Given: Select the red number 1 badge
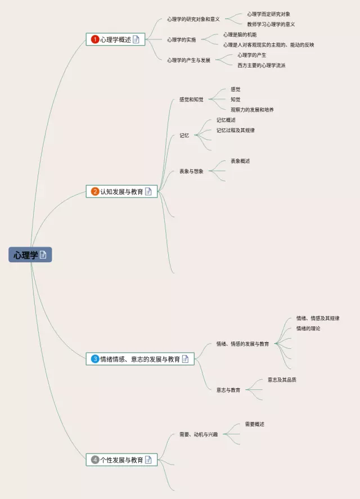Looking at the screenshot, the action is tap(95, 39).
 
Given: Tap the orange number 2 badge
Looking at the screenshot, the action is tap(95, 191).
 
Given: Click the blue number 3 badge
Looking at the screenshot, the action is tap(95, 359).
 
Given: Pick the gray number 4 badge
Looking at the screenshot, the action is tap(95, 460).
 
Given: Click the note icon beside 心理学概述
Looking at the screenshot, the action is tap(136, 39).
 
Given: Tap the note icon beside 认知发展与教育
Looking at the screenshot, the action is tap(148, 191).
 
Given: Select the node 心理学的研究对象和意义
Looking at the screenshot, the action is tap(193, 19).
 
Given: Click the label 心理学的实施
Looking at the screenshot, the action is tap(181, 39).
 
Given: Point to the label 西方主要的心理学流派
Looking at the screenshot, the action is tap(261, 65).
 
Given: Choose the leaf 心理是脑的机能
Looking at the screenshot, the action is tap(240, 34).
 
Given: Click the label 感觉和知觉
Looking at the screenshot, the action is tap(191, 100).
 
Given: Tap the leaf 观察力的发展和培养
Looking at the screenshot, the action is tap(252, 110).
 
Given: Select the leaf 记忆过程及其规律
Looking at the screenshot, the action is tap(235, 130).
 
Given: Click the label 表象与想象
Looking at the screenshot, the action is tap(191, 171).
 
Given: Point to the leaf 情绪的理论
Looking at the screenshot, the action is tap(308, 329).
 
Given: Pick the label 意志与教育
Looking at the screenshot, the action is tap(228, 390).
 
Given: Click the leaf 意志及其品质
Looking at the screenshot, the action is tap(282, 380).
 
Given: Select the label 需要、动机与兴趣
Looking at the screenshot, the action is tap(198, 434).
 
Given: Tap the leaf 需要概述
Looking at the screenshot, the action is tap(254, 424).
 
